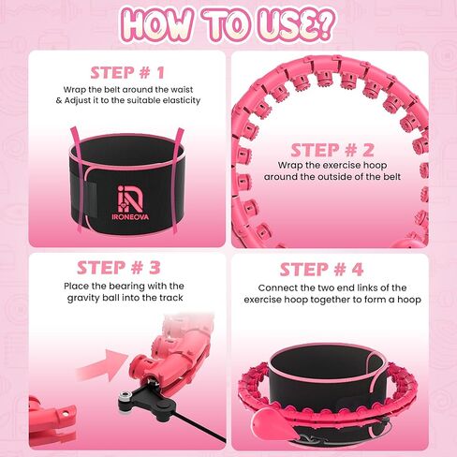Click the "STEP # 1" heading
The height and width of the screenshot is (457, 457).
127,73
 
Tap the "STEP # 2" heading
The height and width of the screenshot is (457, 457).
332,150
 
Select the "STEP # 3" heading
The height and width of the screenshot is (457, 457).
119,268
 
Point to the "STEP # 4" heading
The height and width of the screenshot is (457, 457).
321,270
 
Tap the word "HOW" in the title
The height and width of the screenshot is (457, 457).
157,25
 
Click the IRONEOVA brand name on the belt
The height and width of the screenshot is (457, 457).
130,216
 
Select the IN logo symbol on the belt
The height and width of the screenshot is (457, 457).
130,199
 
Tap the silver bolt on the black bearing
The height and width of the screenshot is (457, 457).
125,397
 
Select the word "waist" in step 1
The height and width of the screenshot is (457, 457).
182,90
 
